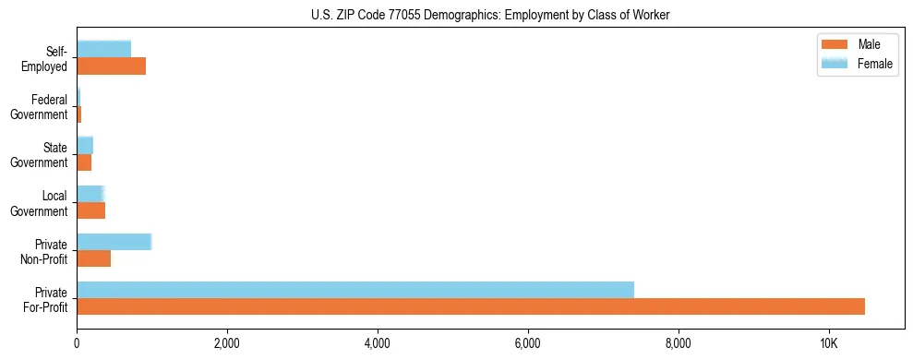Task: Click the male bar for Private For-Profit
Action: (471, 306)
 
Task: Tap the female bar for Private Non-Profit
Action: (114, 242)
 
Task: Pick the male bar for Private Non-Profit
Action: (93, 258)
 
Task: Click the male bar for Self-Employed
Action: (111, 66)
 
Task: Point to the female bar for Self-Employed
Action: (103, 49)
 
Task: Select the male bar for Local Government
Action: (90, 210)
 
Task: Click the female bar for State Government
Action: (85, 145)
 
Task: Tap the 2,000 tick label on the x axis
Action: (227, 343)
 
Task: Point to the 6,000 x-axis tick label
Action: (528, 343)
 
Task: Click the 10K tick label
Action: (828, 343)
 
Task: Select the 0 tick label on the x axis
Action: (77, 343)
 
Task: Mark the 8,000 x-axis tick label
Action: (679, 343)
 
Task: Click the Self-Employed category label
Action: (46, 59)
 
